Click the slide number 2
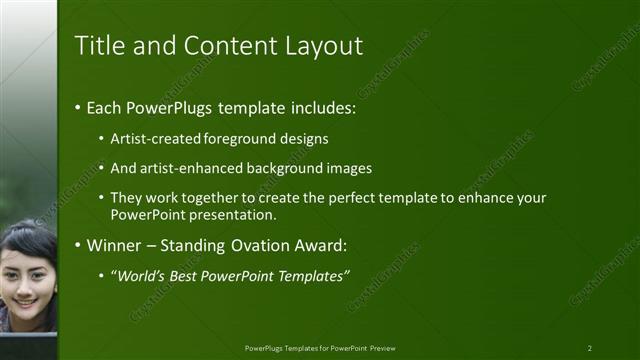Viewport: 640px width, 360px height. click(590, 348)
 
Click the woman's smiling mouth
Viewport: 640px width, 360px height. click(22, 299)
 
